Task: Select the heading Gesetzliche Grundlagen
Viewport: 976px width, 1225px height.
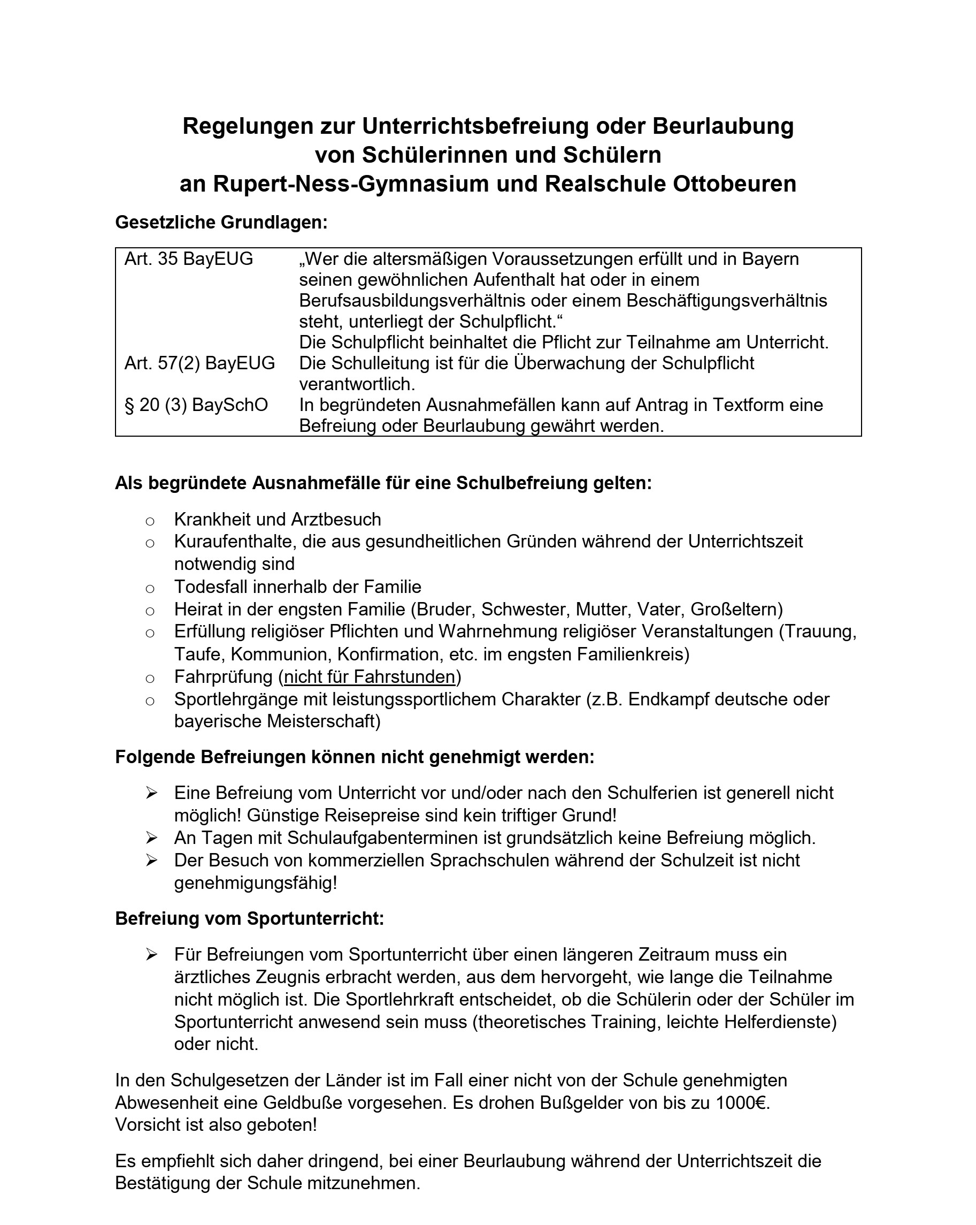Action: click(221, 222)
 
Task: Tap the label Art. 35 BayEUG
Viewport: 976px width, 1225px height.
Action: click(188, 259)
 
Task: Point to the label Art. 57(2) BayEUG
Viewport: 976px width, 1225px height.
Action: click(199, 363)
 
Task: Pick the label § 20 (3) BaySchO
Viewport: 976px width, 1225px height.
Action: click(196, 405)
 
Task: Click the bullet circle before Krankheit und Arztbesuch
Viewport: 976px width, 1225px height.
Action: click(150, 521)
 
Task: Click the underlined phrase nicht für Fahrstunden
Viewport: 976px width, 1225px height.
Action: click(369, 676)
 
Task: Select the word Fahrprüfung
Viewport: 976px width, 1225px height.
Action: click(223, 676)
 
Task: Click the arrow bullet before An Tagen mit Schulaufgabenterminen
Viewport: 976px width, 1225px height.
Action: click(151, 838)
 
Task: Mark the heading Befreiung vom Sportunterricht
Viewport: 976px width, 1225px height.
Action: click(249, 919)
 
